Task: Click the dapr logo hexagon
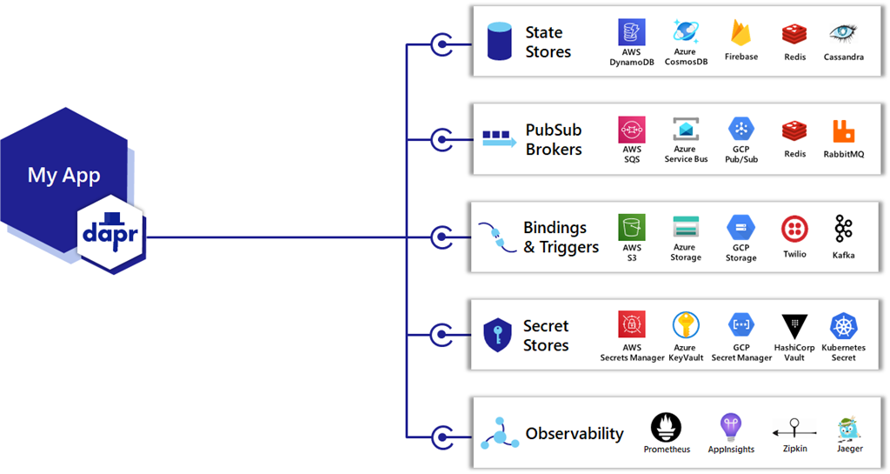coord(111,235)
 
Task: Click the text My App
coord(63,175)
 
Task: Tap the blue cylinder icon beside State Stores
coord(499,42)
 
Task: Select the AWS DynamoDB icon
coord(631,33)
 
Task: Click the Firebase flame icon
coord(741,34)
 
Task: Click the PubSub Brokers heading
coord(554,139)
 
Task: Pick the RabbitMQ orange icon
coord(843,131)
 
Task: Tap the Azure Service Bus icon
coord(686,130)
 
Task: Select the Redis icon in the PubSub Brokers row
coord(794,131)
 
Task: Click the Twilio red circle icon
coord(794,229)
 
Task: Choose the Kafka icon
coord(843,229)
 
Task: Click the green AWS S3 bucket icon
coord(631,228)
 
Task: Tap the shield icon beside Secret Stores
coord(497,335)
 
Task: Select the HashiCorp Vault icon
coord(794,326)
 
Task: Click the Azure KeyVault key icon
coord(686,325)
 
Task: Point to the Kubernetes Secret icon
coord(843,326)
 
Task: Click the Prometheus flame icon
coord(667,427)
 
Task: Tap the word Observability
coord(575,433)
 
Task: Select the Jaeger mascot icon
coord(848,428)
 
